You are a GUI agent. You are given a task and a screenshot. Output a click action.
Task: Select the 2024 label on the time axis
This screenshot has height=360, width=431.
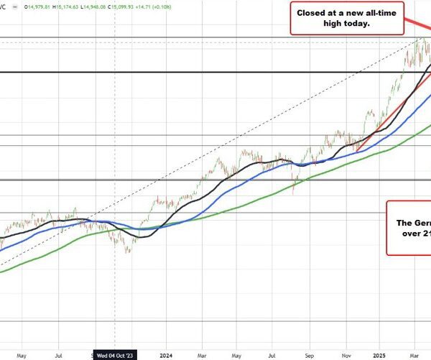coord(166,354)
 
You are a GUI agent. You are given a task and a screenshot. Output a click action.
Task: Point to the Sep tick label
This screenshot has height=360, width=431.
coord(310,354)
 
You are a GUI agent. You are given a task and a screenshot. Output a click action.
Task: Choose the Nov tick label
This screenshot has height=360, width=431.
coord(346,354)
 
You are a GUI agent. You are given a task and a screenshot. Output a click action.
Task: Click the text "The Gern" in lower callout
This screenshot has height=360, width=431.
coord(413,223)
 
